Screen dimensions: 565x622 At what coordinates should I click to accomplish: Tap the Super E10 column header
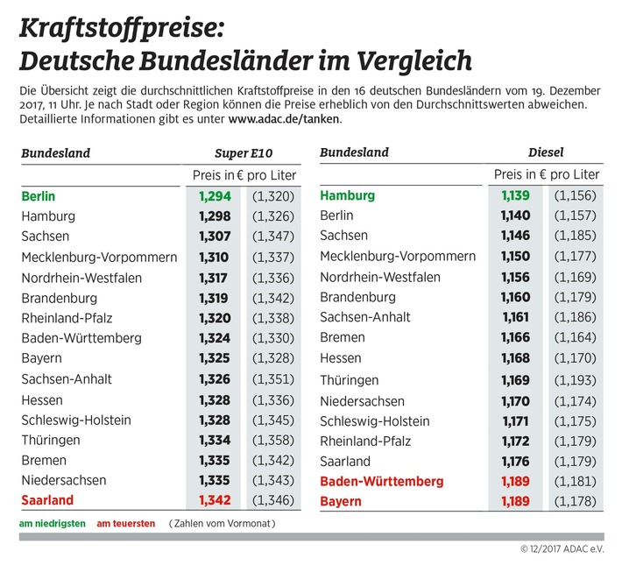[244, 152]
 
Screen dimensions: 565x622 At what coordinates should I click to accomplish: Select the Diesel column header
[547, 152]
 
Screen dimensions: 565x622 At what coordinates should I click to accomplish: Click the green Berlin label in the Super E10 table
[38, 196]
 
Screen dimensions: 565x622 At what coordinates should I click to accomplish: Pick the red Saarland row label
[48, 500]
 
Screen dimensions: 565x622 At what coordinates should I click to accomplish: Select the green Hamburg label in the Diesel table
[347, 195]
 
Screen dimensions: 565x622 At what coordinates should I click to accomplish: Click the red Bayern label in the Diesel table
[342, 502]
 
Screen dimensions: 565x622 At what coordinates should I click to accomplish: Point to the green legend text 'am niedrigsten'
[52, 524]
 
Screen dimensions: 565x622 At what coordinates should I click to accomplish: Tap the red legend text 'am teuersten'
[125, 524]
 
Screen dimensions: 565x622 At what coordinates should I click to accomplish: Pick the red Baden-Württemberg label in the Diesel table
[382, 482]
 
